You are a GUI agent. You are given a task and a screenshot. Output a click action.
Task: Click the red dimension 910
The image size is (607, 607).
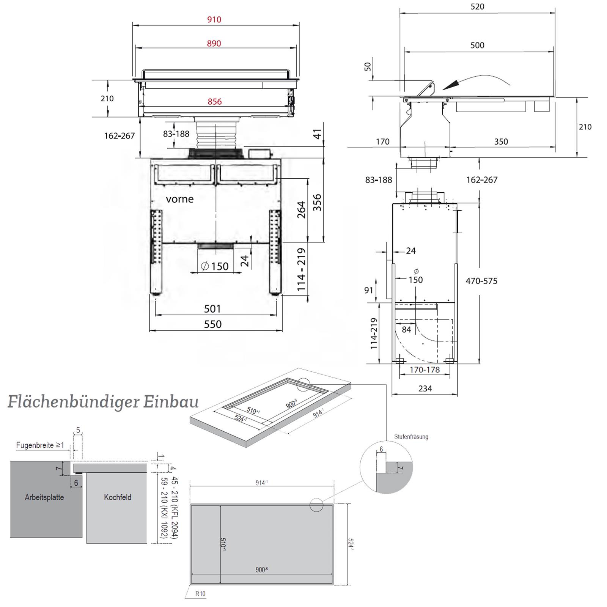214,19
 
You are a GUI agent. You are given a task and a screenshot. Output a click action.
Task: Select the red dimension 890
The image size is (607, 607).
214,43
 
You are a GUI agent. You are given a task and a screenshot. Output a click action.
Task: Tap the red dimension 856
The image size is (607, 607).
214,101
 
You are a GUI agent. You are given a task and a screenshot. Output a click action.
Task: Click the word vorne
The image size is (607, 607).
179,199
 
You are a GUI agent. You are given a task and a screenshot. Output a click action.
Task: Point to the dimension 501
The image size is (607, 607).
212,308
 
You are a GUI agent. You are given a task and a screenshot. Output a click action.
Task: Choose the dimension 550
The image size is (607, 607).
213,324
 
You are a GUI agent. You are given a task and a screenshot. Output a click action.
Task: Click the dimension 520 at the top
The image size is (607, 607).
477,6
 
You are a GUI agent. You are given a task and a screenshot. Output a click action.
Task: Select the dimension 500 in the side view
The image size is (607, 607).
477,45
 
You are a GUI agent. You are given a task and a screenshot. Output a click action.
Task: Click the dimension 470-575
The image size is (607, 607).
481,281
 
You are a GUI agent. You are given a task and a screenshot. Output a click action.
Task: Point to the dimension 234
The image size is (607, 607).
425,388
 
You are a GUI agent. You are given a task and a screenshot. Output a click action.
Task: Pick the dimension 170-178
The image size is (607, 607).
425,370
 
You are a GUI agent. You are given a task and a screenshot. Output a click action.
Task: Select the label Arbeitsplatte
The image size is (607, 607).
44,497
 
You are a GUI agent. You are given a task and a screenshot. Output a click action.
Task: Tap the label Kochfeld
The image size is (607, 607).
118,497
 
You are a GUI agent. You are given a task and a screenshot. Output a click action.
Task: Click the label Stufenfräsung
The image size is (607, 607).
411,436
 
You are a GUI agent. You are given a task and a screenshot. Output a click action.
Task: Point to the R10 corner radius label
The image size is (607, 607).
201,594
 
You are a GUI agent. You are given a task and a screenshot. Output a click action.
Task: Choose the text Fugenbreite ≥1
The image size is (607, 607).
40,445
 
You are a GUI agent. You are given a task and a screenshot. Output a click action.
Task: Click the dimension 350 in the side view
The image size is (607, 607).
501,142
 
